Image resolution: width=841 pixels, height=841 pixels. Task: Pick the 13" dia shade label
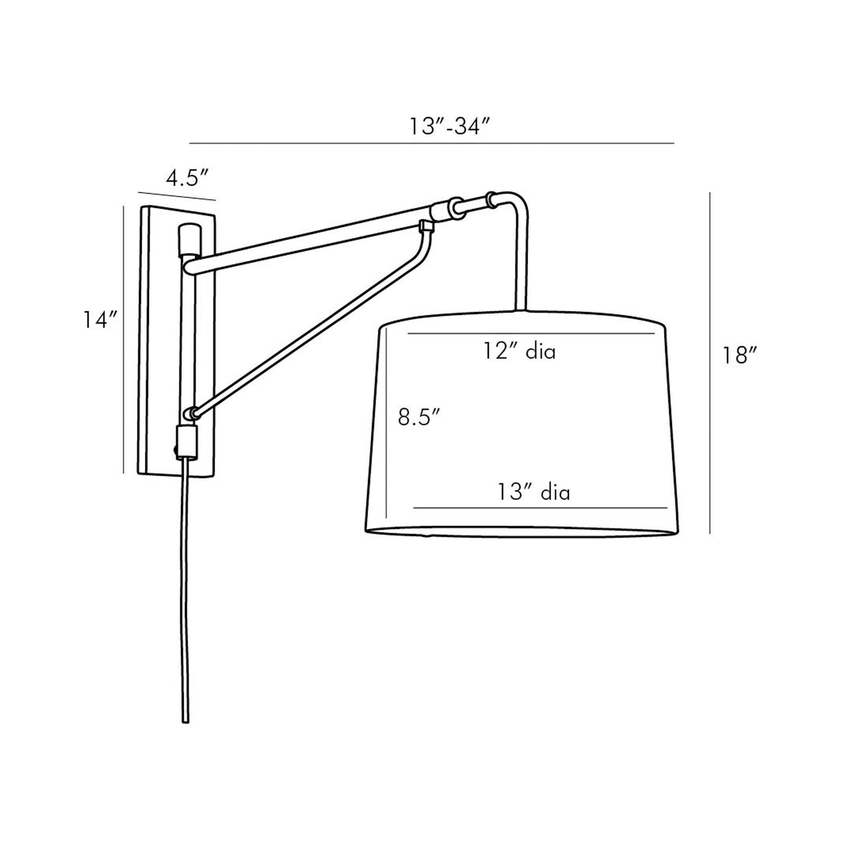click(533, 492)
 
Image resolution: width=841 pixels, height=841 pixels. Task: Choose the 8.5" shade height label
click(418, 417)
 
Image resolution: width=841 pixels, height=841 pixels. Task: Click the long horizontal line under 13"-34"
click(431, 143)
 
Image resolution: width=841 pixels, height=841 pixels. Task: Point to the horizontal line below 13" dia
click(540, 508)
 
